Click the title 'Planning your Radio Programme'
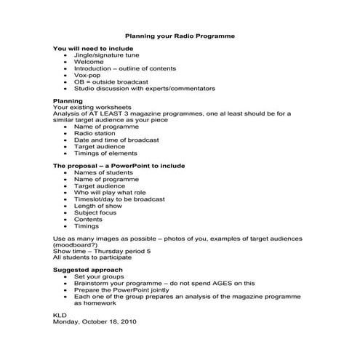click(x=180, y=35)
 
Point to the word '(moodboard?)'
click(x=76, y=245)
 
